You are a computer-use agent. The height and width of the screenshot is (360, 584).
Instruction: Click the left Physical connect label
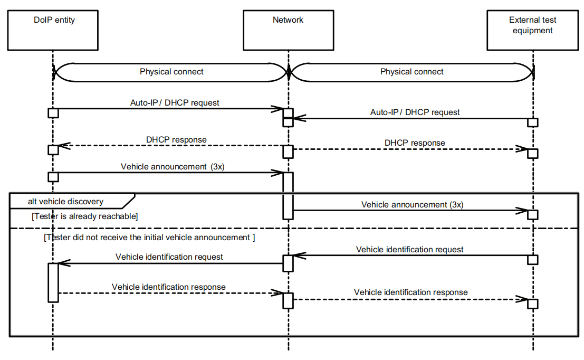[171, 72]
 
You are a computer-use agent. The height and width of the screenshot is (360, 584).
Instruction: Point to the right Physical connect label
[411, 72]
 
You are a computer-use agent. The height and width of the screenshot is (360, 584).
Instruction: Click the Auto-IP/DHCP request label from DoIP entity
[175, 102]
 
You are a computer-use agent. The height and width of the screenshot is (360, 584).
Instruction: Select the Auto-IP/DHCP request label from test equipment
[415, 112]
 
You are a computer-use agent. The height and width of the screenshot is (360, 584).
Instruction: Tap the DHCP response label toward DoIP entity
[176, 140]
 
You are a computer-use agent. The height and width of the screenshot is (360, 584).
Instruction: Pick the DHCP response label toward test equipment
[415, 143]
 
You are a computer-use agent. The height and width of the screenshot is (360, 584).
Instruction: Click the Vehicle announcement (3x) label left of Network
[172, 166]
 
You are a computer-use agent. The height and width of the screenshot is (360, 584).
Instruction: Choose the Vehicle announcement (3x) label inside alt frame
[412, 204]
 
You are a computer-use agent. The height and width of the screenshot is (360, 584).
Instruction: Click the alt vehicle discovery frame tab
[66, 201]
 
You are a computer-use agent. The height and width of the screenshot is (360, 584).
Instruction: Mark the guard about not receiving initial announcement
[149, 238]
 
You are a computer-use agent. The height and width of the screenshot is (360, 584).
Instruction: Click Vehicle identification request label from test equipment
[410, 249]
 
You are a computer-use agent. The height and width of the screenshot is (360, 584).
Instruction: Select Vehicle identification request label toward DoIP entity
[169, 257]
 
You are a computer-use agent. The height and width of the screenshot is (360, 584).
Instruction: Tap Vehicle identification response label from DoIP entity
[169, 287]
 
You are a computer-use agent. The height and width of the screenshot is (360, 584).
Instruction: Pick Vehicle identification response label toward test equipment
[410, 292]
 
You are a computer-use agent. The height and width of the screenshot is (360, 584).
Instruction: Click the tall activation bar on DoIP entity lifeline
[53, 282]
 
